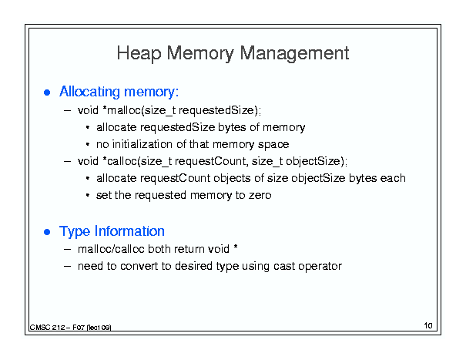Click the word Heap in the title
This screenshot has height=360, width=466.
[x=139, y=53]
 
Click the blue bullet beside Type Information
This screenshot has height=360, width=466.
[x=47, y=232]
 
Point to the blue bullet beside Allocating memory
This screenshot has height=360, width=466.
[x=47, y=93]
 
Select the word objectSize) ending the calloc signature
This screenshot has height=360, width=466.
[x=315, y=161]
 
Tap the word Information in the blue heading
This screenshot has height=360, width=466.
[x=129, y=231]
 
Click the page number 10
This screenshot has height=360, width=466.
[x=428, y=325]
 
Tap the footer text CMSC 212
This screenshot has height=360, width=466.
[x=47, y=328]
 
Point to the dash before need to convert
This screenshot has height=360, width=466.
[x=68, y=266]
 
